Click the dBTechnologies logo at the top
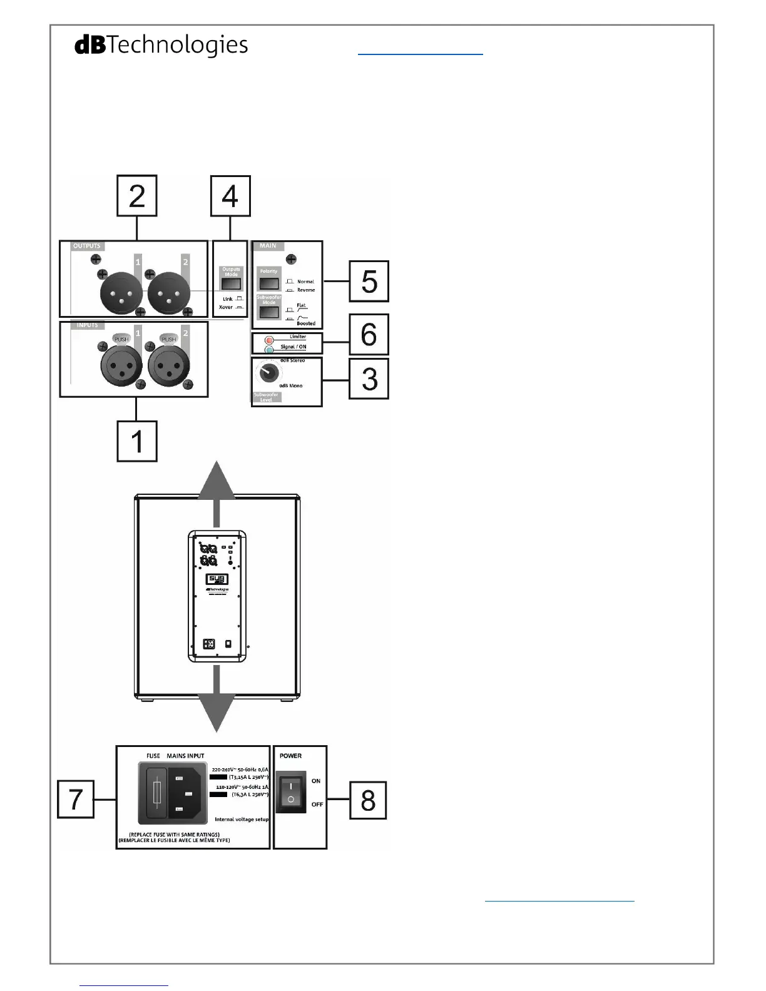[161, 45]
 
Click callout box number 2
[137, 196]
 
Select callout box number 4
[230, 196]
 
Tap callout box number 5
[369, 282]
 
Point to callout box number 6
[369, 335]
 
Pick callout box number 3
[369, 379]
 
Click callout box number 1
[137, 441]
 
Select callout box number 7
[76, 799]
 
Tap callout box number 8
[368, 800]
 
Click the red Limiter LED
[269, 340]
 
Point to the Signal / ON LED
[269, 349]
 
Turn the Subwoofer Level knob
[268, 374]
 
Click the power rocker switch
[291, 791]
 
